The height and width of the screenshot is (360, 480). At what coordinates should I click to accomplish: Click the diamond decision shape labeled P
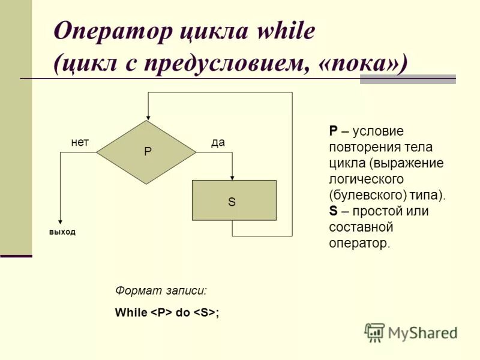coord(146,152)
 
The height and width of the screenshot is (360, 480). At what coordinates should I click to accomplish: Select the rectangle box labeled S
coord(234,200)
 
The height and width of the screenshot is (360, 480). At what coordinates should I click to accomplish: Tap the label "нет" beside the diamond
coord(80,142)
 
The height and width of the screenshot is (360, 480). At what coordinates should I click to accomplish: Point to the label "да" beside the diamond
coord(218,142)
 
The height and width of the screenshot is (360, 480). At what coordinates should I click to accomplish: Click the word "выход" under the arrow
coord(62,232)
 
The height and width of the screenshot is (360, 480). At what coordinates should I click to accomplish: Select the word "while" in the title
coord(286,32)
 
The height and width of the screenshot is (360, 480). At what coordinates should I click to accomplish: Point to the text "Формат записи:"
coord(161,290)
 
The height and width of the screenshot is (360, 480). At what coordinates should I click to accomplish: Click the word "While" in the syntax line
coord(130,313)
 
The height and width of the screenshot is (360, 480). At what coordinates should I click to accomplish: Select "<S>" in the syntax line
coord(204,313)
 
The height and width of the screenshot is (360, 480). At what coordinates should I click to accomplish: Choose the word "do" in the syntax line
coord(182,313)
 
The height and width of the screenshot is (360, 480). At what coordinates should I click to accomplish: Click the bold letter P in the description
coord(333,131)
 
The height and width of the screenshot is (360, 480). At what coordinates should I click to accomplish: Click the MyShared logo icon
coord(374,332)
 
